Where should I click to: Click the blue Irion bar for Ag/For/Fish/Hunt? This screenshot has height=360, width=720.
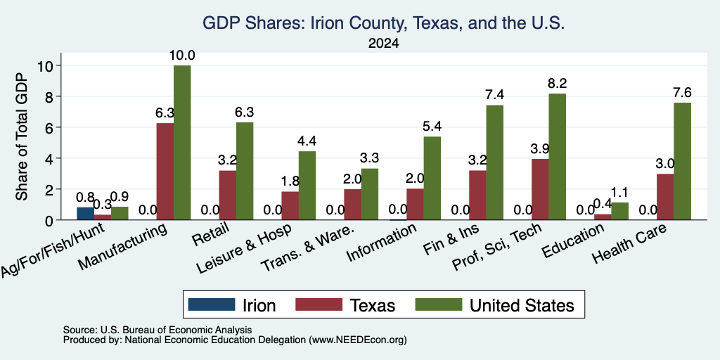[85, 214]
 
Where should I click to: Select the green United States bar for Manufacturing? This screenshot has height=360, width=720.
[182, 143]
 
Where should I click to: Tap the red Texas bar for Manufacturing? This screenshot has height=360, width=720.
[165, 172]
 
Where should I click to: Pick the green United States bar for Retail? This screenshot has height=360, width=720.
[245, 172]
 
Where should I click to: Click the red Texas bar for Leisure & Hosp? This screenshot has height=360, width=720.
[290, 206]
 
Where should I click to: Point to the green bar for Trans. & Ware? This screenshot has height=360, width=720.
[370, 194]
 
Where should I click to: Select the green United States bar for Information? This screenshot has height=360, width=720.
[432, 178]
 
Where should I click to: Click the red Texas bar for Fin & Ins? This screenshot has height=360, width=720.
[477, 195]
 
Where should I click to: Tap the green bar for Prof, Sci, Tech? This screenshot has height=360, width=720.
[558, 157]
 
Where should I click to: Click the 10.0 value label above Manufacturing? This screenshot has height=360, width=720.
[182, 56]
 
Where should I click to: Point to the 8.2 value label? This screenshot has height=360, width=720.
[558, 84]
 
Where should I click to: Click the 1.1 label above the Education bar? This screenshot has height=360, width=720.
[620, 192]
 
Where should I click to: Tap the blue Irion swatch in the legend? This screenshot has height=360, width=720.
[211, 304]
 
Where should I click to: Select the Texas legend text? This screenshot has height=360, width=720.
[372, 305]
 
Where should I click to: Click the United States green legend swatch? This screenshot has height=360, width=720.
[439, 304]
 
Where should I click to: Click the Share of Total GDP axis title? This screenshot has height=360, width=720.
[22, 136]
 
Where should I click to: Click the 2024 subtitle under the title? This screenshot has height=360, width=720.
[383, 44]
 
